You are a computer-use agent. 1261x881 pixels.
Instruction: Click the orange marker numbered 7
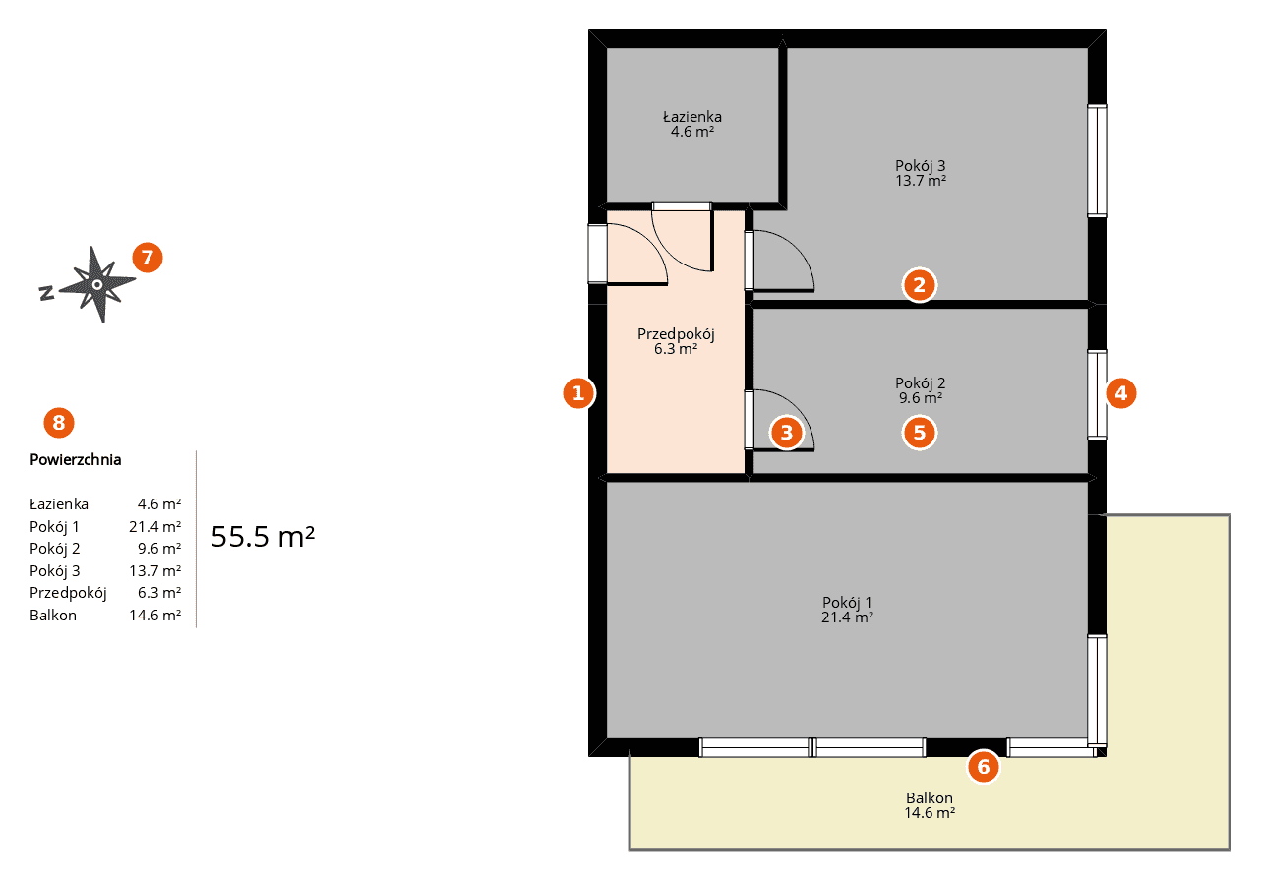click(148, 258)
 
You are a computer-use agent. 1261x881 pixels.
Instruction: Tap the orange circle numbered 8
click(59, 423)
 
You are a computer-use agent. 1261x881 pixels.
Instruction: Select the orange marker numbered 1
click(578, 392)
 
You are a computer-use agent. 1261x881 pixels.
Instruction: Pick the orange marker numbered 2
click(920, 285)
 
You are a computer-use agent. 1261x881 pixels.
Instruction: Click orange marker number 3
click(787, 432)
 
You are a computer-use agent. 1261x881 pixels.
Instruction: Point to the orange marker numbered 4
click(1120, 392)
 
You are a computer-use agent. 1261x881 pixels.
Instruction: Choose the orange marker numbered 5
click(920, 432)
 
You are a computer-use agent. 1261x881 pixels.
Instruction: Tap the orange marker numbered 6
click(984, 766)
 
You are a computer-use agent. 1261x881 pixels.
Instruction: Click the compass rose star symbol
click(96, 285)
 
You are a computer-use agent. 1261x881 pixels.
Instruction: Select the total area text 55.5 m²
click(263, 536)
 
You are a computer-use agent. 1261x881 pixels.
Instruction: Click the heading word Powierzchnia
click(76, 459)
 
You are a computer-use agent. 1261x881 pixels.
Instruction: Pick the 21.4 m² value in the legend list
click(154, 527)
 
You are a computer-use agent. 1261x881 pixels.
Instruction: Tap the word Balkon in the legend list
click(53, 615)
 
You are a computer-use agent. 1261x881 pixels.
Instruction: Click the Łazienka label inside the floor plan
click(692, 116)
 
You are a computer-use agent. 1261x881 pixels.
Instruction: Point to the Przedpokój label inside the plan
click(676, 334)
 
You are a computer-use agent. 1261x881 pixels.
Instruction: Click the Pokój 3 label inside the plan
click(921, 166)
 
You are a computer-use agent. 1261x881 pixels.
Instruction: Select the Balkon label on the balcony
click(930, 797)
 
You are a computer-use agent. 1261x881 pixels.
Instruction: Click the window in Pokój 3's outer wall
click(1097, 161)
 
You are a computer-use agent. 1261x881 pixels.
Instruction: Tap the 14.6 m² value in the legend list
click(154, 615)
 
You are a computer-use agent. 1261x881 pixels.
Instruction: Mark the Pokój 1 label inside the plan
click(847, 603)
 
